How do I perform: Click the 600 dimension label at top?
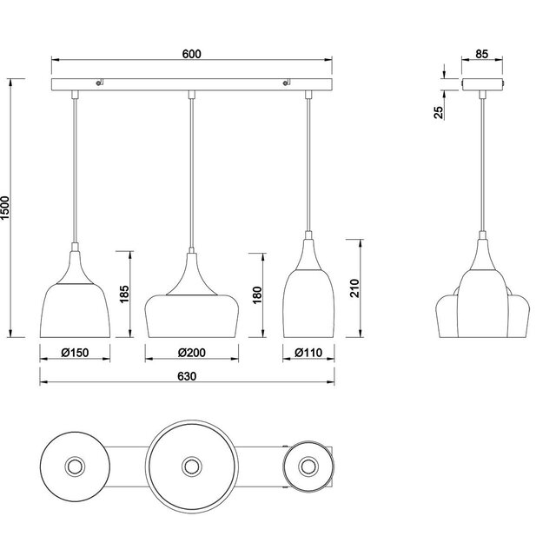192,54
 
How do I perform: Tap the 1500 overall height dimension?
7,206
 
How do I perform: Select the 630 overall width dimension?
186,376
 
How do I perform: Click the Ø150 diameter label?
75,353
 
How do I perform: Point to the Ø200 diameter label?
191,353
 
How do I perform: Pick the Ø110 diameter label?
308,353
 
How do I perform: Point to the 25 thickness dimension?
439,111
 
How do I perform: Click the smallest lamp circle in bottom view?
308,467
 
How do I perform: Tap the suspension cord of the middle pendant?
191,174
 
